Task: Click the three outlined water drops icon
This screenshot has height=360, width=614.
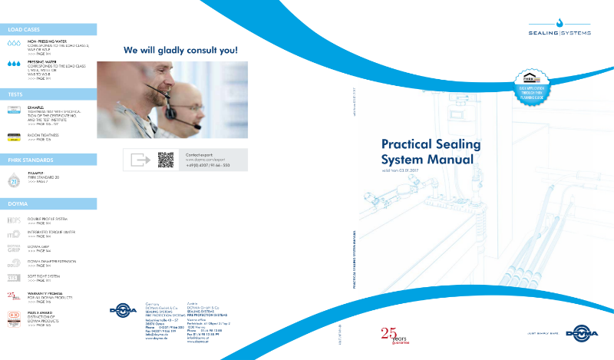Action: [x=14, y=45]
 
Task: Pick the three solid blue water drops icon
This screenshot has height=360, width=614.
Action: [x=14, y=66]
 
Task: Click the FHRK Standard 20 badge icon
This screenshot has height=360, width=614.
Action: [x=14, y=182]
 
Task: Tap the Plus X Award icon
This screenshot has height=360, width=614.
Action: [x=14, y=316]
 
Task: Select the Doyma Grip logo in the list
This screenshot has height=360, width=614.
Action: [x=14, y=248]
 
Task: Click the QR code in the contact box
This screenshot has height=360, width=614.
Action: [x=166, y=160]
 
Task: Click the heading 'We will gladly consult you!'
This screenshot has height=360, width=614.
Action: [x=181, y=51]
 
